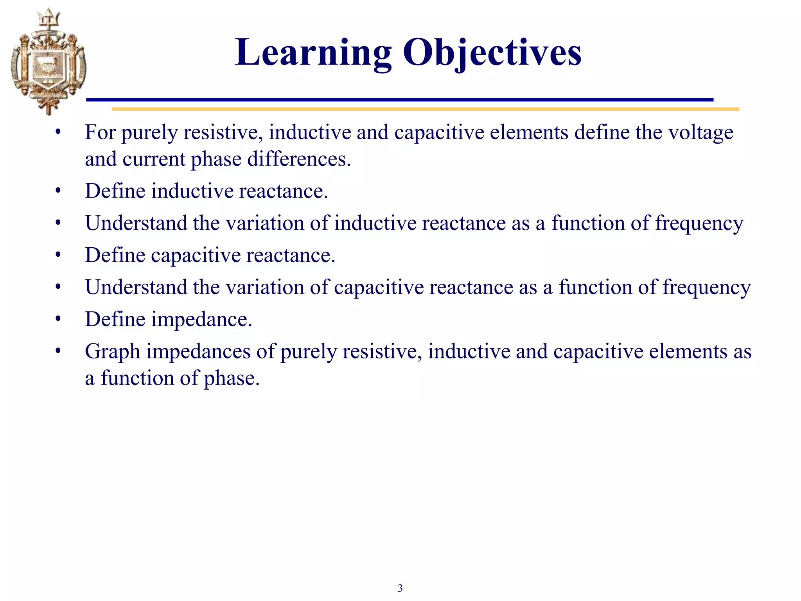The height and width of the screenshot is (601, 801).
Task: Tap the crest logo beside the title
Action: pos(48,63)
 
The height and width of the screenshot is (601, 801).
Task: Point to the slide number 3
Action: pos(400,588)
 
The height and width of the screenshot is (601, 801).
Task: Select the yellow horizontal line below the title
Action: pos(426,109)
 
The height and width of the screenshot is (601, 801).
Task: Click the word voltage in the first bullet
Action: pos(700,133)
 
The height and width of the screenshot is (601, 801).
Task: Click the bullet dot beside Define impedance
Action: pos(58,319)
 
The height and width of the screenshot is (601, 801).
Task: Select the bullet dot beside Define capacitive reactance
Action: pos(58,255)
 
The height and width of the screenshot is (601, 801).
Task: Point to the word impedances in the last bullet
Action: pos(198,352)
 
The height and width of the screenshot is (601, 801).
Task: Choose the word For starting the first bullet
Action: pos(100,133)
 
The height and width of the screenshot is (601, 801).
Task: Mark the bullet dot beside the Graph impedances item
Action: pos(58,351)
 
